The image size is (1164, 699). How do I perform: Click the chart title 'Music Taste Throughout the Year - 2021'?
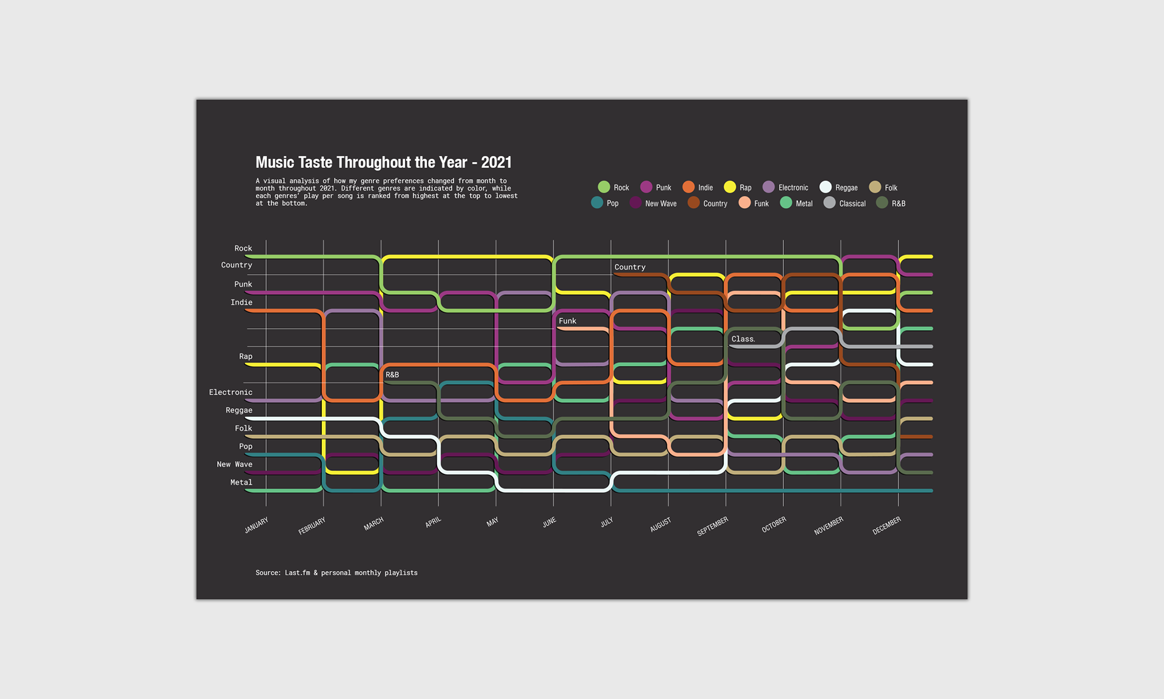[383, 163]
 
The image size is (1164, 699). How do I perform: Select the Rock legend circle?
[604, 187]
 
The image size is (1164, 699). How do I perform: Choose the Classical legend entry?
[844, 203]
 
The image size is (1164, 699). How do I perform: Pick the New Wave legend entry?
[653, 203]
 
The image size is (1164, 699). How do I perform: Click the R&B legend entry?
[891, 203]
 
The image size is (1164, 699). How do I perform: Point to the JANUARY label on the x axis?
[256, 525]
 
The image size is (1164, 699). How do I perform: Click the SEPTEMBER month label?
[712, 526]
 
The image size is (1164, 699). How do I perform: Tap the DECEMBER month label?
[886, 525]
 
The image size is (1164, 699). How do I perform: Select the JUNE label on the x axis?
[549, 522]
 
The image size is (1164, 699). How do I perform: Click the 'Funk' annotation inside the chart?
[567, 321]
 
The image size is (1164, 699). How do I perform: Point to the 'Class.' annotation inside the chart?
[743, 339]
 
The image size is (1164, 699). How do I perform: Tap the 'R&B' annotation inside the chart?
[392, 375]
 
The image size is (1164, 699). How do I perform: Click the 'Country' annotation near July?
[630, 267]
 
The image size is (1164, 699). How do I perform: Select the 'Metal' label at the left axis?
[241, 482]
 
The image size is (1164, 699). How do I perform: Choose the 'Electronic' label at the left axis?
[230, 393]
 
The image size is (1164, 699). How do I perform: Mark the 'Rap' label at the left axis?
[246, 356]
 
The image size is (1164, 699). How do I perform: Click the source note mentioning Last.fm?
[336, 573]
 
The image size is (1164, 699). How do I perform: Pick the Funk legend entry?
[754, 203]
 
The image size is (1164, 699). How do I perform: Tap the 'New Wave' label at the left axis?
[234, 464]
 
